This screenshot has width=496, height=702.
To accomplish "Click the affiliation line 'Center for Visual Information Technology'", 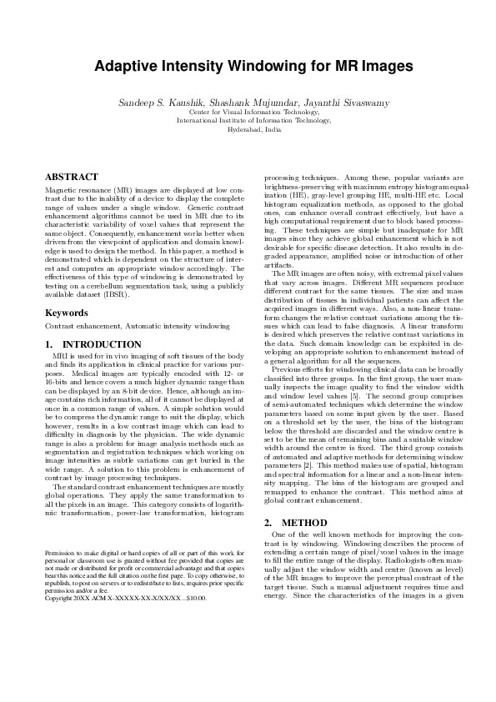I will click(248, 112).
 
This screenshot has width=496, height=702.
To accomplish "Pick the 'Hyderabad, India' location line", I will click(248, 130).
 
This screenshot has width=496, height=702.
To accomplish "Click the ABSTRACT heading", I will click(71, 178).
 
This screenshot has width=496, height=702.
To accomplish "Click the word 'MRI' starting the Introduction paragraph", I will click(59, 356).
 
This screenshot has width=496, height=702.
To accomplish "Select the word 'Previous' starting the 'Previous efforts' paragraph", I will click(288, 369).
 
